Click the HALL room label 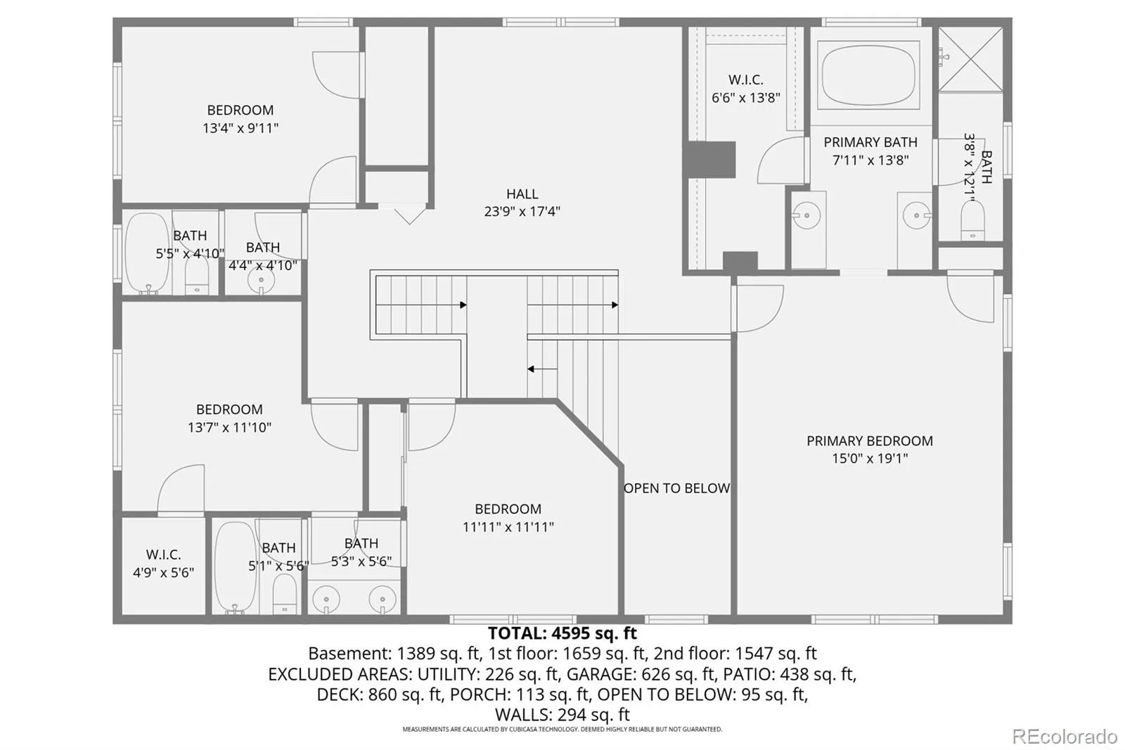click(x=522, y=193)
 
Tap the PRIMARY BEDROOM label click(x=869, y=441)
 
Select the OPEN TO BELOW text click(x=676, y=488)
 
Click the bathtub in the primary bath click(x=868, y=75)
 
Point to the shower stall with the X click(x=970, y=59)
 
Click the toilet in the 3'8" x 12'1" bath click(x=973, y=220)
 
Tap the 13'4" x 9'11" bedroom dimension click(x=240, y=128)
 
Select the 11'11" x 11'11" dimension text click(x=508, y=527)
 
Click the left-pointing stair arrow click(x=542, y=369)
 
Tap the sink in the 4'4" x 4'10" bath click(x=261, y=281)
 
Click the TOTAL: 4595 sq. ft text click(x=562, y=633)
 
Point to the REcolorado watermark click(x=1065, y=737)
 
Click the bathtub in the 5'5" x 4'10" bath click(x=147, y=253)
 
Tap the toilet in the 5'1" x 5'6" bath click(x=285, y=593)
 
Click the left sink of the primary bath click(x=806, y=215)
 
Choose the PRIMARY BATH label click(x=870, y=142)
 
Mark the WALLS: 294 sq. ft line click(x=562, y=714)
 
